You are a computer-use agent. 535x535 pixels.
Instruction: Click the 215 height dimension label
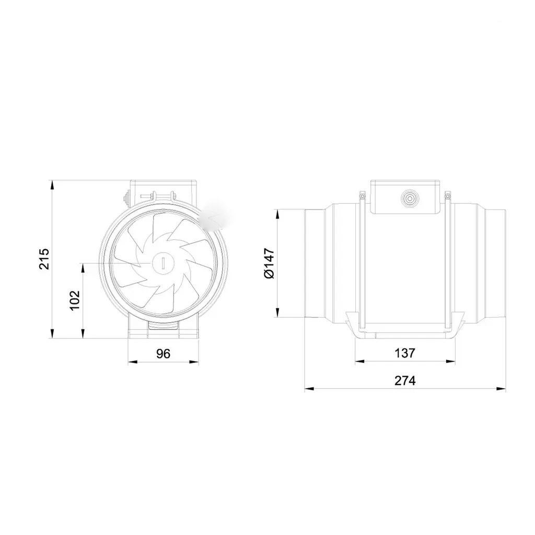pos(44,259)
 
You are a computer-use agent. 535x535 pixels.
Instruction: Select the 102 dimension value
pos(75,300)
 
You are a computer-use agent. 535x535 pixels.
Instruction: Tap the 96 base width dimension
pos(163,354)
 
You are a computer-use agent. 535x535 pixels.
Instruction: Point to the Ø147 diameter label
pos(269,263)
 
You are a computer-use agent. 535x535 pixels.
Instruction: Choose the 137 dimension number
pos(405,353)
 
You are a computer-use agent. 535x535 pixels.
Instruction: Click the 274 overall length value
pos(405,380)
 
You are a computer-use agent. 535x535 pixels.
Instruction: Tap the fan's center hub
pos(163,263)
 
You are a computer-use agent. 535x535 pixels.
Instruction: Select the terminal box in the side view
pos(405,197)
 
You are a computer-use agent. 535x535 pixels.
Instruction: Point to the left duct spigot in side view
pos(314,263)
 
